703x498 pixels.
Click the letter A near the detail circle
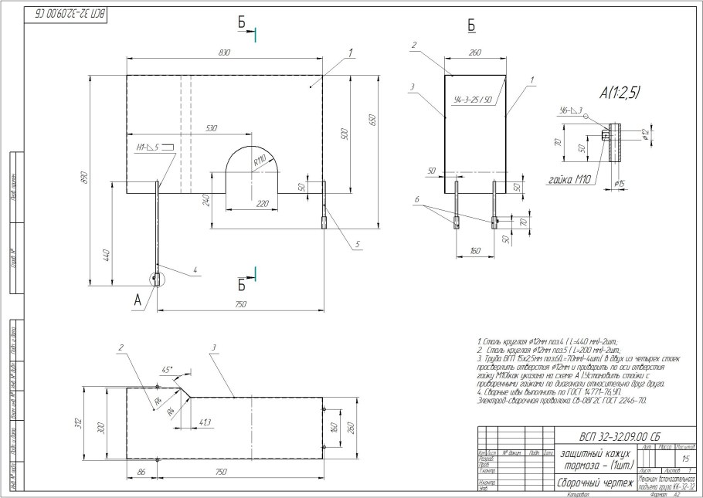click(x=138, y=303)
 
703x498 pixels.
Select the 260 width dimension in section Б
click(x=474, y=53)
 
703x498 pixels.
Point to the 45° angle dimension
click(x=166, y=368)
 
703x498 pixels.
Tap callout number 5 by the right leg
click(x=358, y=245)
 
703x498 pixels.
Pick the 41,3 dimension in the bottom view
click(x=205, y=422)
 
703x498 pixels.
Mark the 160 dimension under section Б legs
click(x=474, y=251)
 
